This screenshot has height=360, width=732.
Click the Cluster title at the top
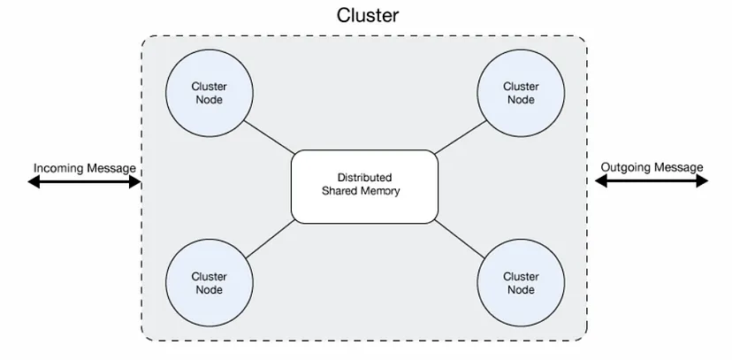pyautogui.click(x=368, y=15)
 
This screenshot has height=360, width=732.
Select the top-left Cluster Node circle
pyautogui.click(x=209, y=93)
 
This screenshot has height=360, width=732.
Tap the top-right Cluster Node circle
pyautogui.click(x=520, y=93)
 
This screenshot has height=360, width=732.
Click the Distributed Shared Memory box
pyautogui.click(x=364, y=186)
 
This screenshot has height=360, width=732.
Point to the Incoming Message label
pyautogui.click(x=85, y=167)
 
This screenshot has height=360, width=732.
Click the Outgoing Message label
pyautogui.click(x=652, y=167)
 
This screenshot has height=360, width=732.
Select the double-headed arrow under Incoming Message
pyautogui.click(x=85, y=182)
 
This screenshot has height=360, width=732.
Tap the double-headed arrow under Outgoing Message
pyautogui.click(x=652, y=181)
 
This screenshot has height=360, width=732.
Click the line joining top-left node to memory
pyautogui.click(x=268, y=138)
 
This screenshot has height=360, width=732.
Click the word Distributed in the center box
pyautogui.click(x=364, y=178)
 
